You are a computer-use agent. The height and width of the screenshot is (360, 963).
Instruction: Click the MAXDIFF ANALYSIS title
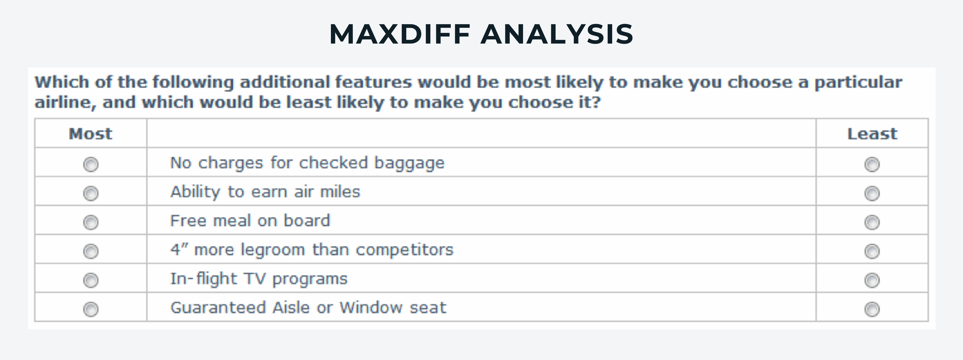point(481,34)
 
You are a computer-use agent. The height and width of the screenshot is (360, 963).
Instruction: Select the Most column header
point(91,134)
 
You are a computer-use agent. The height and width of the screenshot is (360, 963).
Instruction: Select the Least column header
point(872,134)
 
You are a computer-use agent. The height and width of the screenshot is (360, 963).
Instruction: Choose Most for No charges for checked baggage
point(91,164)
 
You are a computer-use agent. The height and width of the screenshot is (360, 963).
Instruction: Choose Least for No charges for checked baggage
point(872,164)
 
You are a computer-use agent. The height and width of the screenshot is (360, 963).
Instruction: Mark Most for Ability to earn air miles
point(91,193)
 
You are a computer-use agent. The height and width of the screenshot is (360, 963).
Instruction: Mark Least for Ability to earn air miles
point(872,193)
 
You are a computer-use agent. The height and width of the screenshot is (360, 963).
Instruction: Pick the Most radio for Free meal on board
point(91,222)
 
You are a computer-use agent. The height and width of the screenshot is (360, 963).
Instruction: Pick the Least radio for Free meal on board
point(872,222)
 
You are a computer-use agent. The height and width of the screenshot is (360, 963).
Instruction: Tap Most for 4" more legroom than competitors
point(91,251)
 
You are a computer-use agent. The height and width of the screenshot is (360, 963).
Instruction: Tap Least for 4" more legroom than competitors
point(872,251)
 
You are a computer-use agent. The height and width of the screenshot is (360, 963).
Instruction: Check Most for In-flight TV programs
point(91,280)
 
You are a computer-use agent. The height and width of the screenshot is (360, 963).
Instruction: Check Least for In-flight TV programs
point(872,280)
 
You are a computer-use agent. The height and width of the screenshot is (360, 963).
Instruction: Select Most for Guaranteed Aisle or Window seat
point(91,309)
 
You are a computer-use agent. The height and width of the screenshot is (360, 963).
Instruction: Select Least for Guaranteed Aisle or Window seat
point(872,309)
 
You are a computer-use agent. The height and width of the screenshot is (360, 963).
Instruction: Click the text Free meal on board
point(250,221)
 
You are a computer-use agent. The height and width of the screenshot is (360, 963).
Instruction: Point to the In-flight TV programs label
point(259,279)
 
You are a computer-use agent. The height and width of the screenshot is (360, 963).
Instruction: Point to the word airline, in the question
point(65,103)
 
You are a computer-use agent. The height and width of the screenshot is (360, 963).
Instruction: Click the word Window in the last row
point(371,308)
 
